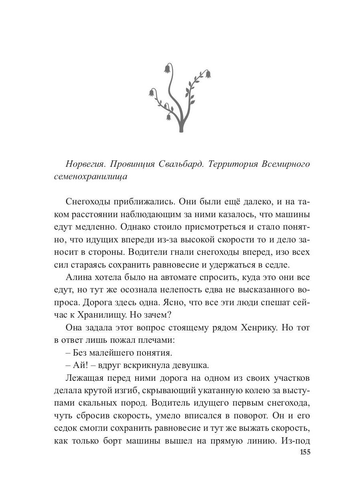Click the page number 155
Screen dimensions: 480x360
(305, 452)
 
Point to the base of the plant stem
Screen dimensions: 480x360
(181, 130)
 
